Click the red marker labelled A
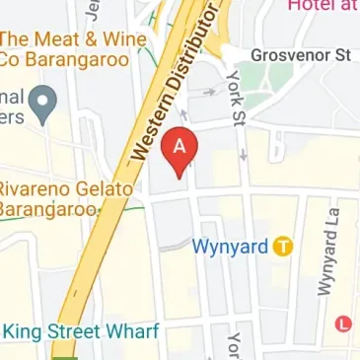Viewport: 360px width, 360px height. pyautogui.click(x=180, y=150)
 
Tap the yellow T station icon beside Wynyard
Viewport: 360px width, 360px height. pyautogui.click(x=283, y=247)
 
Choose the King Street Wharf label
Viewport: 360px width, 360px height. pyautogui.click(x=78, y=332)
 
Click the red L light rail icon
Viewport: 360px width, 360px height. pyautogui.click(x=344, y=323)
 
